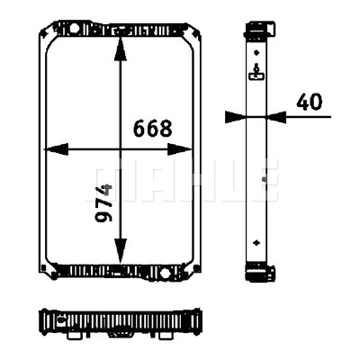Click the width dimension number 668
(153, 128)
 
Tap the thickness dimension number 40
(309, 102)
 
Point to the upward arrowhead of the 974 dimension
(121, 49)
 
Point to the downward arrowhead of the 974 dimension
(121, 250)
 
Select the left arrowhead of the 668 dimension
(56, 149)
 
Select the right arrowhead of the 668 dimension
(179, 149)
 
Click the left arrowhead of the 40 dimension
(236, 117)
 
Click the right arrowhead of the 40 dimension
(276, 117)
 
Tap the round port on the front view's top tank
(75, 29)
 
